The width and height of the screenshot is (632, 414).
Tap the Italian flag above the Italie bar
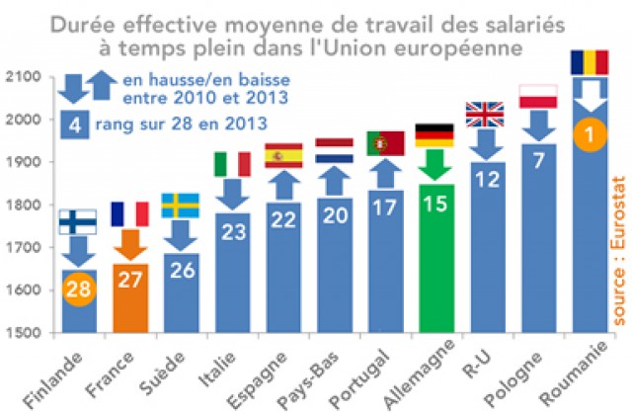(x=232, y=164)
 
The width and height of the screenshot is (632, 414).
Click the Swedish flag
(x=181, y=205)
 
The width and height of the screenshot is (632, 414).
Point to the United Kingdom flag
(x=485, y=115)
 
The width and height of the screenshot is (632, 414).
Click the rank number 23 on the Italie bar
(x=232, y=233)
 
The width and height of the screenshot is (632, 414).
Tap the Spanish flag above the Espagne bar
(x=283, y=156)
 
